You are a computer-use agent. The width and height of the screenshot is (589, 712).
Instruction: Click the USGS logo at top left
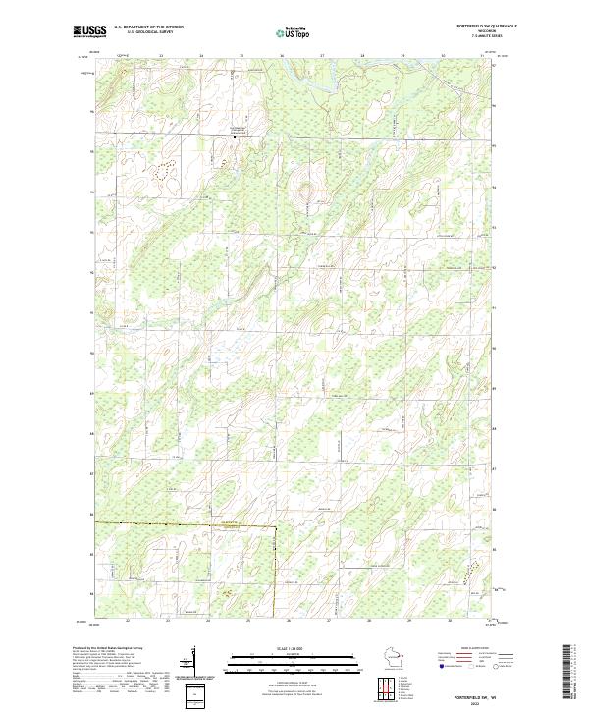point(90,31)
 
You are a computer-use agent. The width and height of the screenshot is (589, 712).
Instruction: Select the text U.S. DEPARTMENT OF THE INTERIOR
point(148,27)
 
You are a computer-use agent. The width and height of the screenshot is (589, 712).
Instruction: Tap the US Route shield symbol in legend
point(465,665)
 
